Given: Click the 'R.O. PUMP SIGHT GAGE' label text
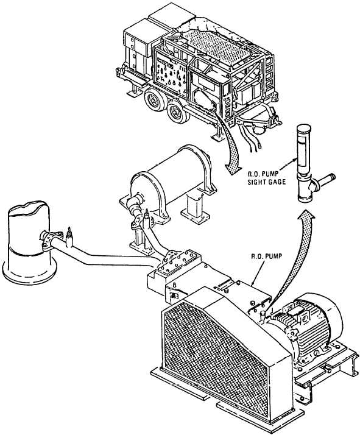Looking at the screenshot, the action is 267,178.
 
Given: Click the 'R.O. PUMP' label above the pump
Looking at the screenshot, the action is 266,256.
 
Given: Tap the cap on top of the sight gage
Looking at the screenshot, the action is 304,128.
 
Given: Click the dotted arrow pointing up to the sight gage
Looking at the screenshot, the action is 294,258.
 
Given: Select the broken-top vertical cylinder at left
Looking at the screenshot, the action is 29,242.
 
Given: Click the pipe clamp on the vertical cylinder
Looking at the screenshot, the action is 50,240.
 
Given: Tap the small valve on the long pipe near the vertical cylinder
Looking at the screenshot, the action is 69,237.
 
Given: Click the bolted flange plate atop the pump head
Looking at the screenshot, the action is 178,261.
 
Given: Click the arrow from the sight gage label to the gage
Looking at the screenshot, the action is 288,164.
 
